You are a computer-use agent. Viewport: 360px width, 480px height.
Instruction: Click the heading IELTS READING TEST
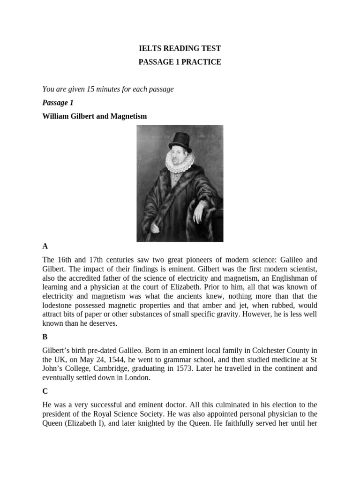click(x=180, y=49)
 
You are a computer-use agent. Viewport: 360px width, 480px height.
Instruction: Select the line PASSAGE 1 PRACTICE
click(x=180, y=62)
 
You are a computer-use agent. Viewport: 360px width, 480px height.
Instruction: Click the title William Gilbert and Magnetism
click(x=94, y=116)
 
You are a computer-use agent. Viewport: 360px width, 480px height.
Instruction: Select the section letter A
click(x=45, y=246)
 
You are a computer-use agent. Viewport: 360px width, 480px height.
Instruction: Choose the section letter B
click(x=45, y=337)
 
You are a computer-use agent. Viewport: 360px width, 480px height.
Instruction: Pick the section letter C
click(x=45, y=390)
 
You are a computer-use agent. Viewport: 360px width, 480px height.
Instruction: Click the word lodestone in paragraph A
click(x=59, y=305)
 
